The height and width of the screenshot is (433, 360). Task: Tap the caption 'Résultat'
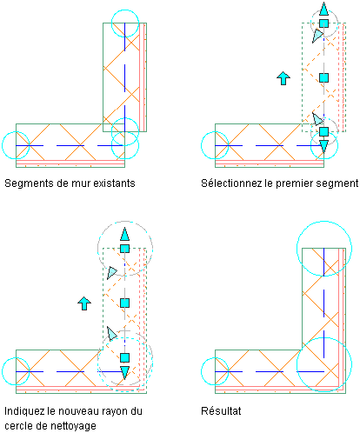(221, 410)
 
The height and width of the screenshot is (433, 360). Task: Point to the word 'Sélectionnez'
(229, 183)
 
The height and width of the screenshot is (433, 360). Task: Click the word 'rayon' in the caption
(111, 411)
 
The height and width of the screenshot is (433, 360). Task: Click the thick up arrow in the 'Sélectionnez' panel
(283, 78)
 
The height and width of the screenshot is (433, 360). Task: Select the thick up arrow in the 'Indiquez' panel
(84, 303)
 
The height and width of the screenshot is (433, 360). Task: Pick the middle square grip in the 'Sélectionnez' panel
(323, 77)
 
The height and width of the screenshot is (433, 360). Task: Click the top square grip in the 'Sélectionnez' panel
(323, 23)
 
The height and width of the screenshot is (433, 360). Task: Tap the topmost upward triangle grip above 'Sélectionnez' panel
(323, 10)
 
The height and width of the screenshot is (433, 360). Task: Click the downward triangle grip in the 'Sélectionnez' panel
(323, 146)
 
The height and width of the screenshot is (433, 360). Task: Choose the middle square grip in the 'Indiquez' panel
(124, 303)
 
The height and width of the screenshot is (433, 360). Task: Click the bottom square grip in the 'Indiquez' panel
(124, 357)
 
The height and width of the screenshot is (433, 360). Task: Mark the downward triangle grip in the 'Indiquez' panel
(124, 372)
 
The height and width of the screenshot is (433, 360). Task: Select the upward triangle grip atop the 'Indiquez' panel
(124, 234)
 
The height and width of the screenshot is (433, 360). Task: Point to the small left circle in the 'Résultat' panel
(201, 371)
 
